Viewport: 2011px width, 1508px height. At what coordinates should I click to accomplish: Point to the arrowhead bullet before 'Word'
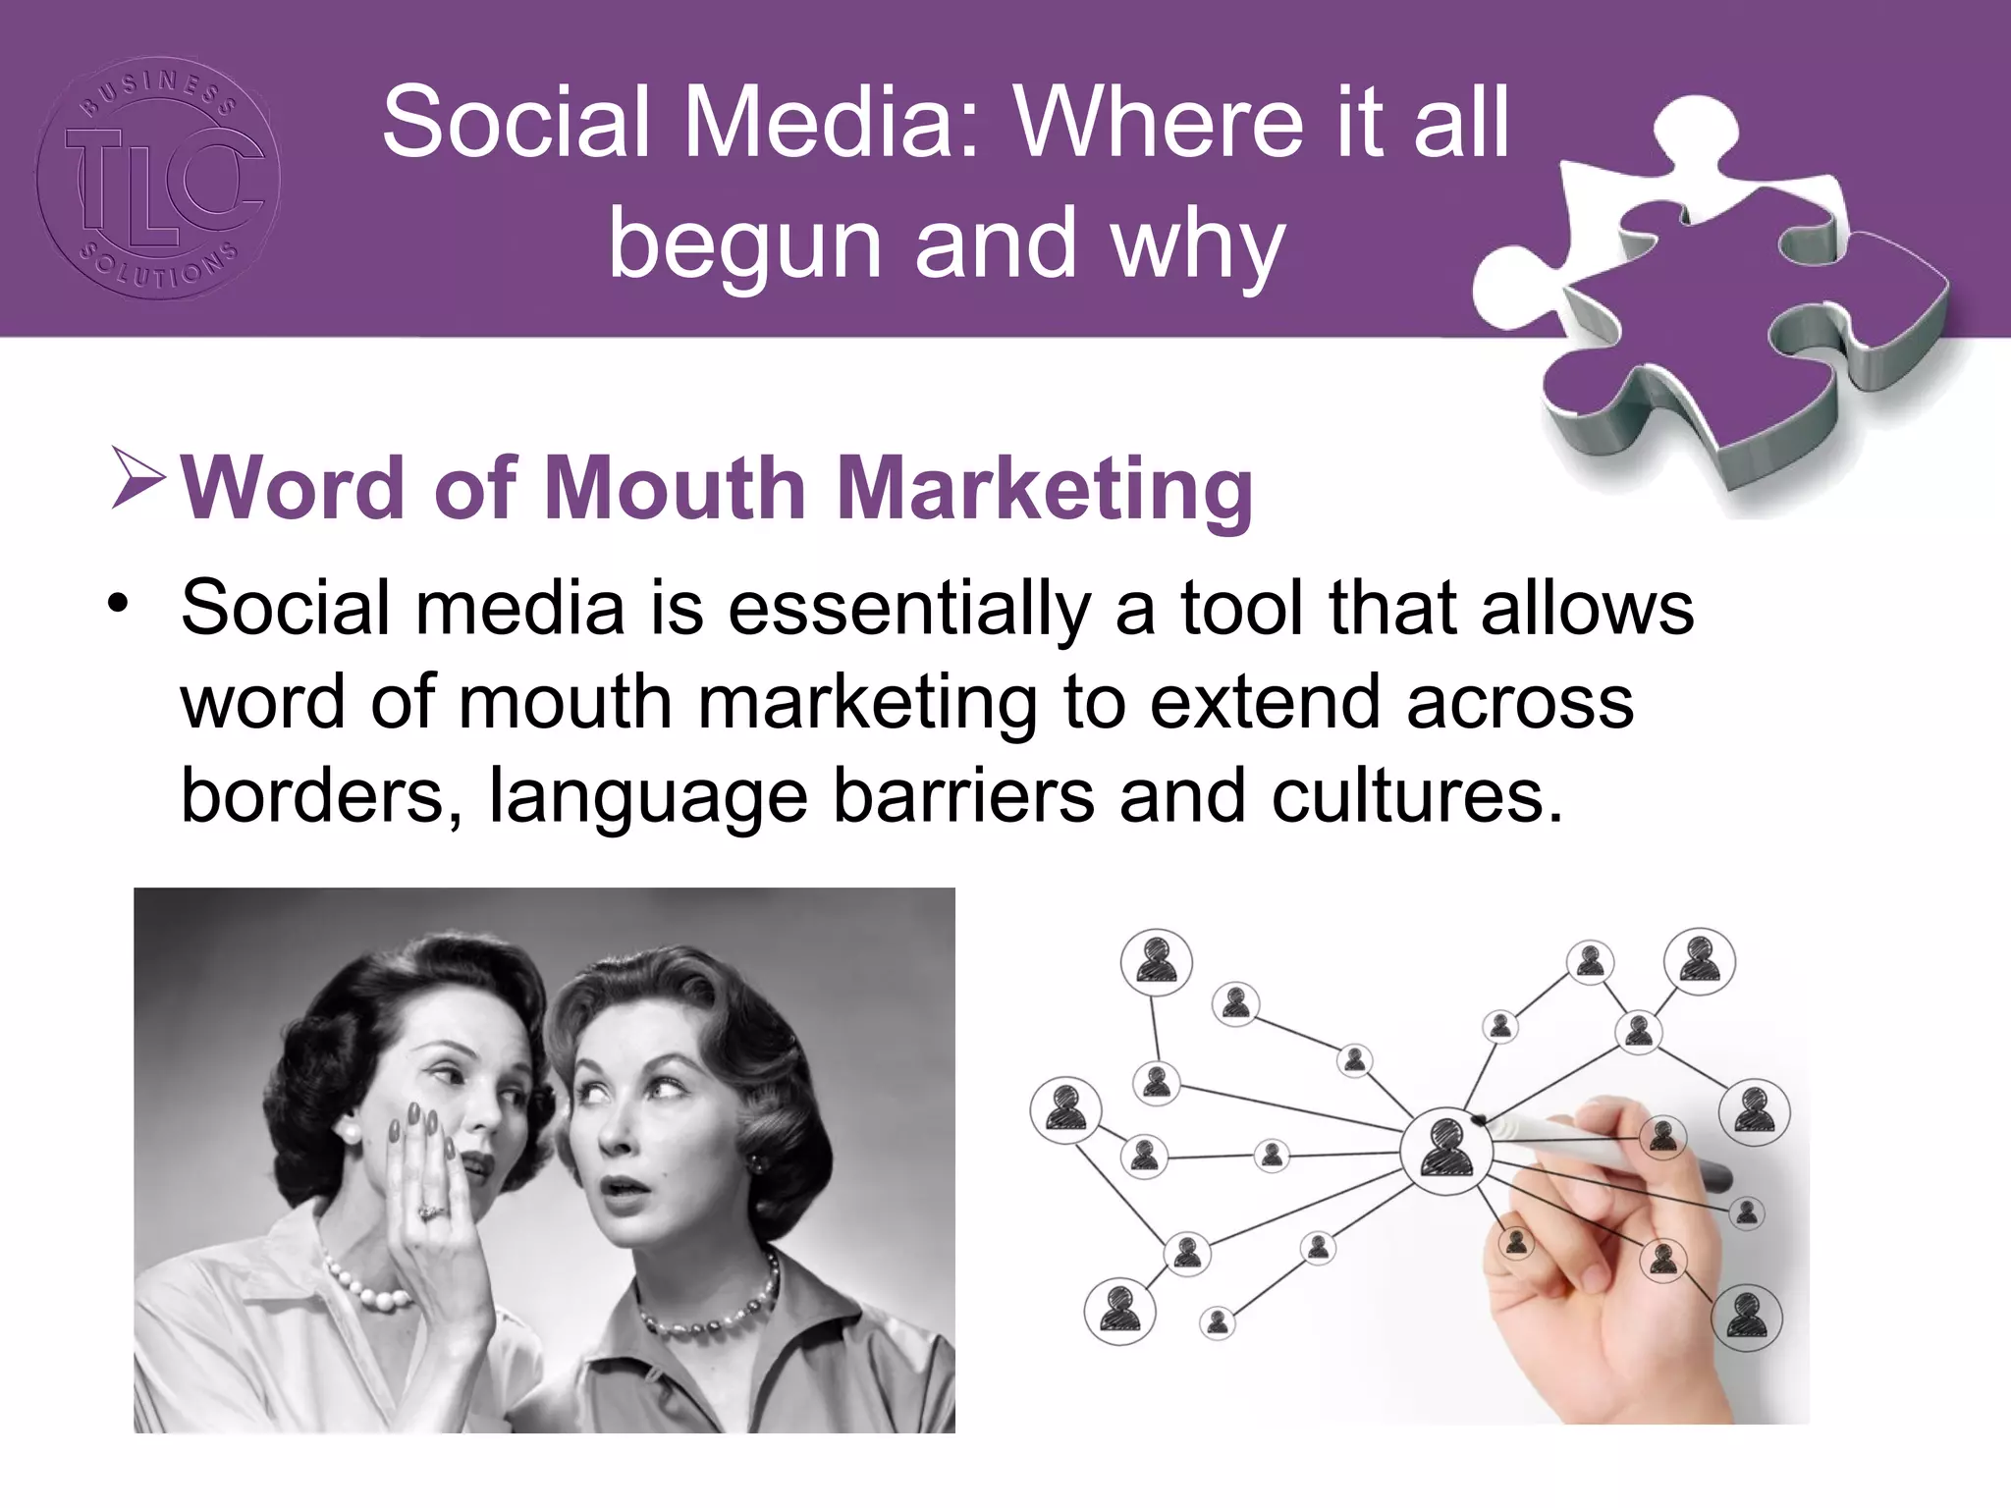pos(137,478)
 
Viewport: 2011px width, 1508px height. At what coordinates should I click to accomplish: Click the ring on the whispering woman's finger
pos(430,1211)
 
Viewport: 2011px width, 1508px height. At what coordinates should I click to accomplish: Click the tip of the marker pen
pos(1479,1118)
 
